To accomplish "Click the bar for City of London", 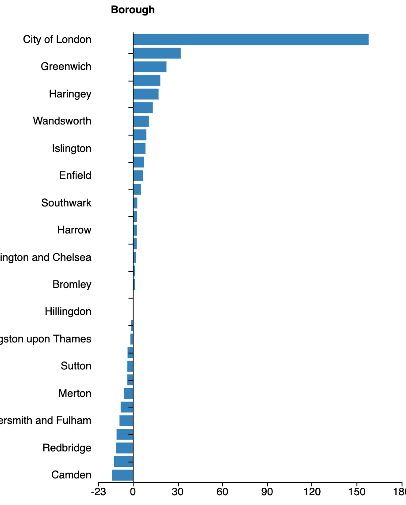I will click(x=251, y=39).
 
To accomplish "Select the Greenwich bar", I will click(x=149, y=67).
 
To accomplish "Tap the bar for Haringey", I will click(x=146, y=94).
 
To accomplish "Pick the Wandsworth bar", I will click(x=141, y=121).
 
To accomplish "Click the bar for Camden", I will click(x=123, y=475).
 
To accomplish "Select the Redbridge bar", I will click(x=124, y=448).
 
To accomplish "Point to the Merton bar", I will click(x=128, y=393).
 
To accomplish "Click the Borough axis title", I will click(x=133, y=10).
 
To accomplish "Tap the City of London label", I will click(x=57, y=39).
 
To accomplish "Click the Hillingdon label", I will click(x=68, y=311).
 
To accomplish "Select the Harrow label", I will click(x=74, y=230).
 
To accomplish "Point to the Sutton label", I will click(x=76, y=366).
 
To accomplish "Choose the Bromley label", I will click(x=72, y=284).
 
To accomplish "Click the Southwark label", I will click(x=66, y=203).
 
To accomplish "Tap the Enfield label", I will click(x=75, y=175).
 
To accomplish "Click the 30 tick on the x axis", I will click(x=178, y=492).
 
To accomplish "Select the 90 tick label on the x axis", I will click(x=267, y=492).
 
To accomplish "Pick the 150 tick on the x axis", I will click(x=356, y=492).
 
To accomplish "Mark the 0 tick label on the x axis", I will click(x=133, y=492).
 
